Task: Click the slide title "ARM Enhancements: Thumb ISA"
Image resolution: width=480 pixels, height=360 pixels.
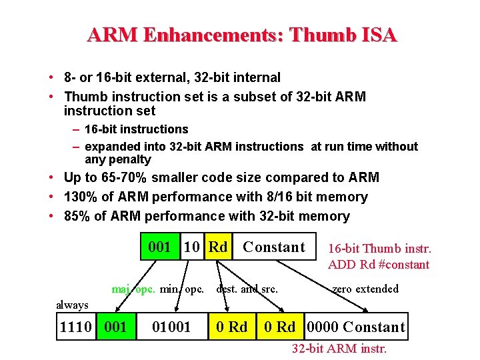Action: [x=241, y=35]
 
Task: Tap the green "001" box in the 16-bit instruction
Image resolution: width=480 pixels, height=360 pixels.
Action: [x=160, y=247]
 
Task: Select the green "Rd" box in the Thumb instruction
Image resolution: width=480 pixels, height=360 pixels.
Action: [x=217, y=247]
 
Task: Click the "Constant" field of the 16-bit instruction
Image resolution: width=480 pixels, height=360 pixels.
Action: [x=273, y=247]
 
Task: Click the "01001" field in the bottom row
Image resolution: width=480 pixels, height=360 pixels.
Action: [x=171, y=327]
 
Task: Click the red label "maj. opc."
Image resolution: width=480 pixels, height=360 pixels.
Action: [x=133, y=289]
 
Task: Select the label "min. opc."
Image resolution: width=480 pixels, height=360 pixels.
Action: [x=182, y=289]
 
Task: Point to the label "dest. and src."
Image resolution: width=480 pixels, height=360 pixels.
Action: [x=247, y=289]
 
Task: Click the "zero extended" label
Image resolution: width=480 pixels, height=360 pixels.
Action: [x=365, y=289]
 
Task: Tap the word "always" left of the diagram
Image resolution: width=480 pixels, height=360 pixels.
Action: [x=72, y=305]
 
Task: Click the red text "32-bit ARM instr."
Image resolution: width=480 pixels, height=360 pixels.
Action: [x=339, y=348]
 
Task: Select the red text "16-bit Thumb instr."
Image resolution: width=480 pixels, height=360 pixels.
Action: [x=379, y=249]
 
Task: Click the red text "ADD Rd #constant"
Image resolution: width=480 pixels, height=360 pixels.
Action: [x=379, y=264]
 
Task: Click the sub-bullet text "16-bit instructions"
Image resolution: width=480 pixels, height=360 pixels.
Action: [x=137, y=129]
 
